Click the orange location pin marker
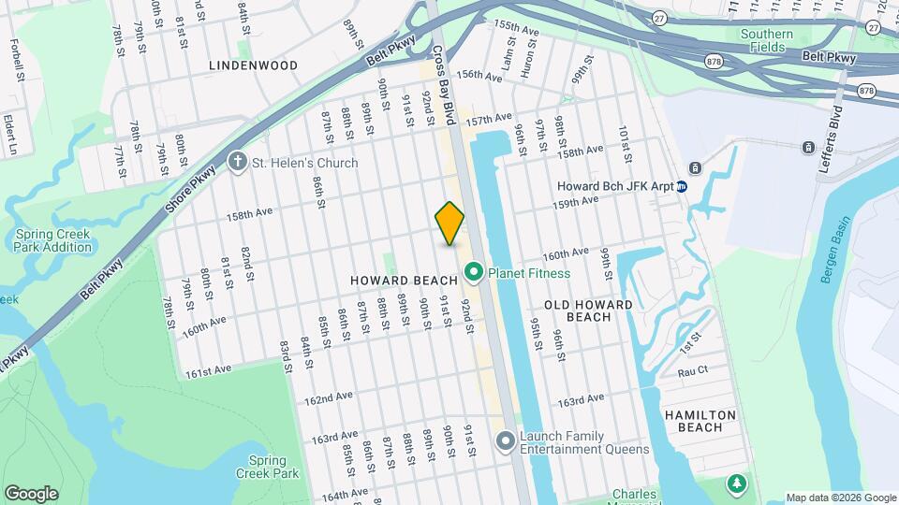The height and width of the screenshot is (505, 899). [449, 224]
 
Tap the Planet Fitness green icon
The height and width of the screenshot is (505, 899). [474, 273]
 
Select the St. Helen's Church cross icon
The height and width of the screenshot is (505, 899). [237, 163]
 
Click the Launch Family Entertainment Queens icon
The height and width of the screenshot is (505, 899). [506, 440]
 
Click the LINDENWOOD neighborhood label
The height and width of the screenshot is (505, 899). [253, 65]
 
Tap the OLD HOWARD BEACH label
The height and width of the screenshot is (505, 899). [588, 310]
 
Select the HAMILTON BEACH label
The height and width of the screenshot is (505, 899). [700, 421]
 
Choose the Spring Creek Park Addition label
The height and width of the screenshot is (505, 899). [53, 241]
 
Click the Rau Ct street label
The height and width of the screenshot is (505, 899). [693, 372]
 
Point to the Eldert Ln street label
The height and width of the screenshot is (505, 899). [11, 136]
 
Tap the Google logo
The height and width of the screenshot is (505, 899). [31, 494]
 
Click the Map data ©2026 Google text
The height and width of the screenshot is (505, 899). [841, 498]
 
